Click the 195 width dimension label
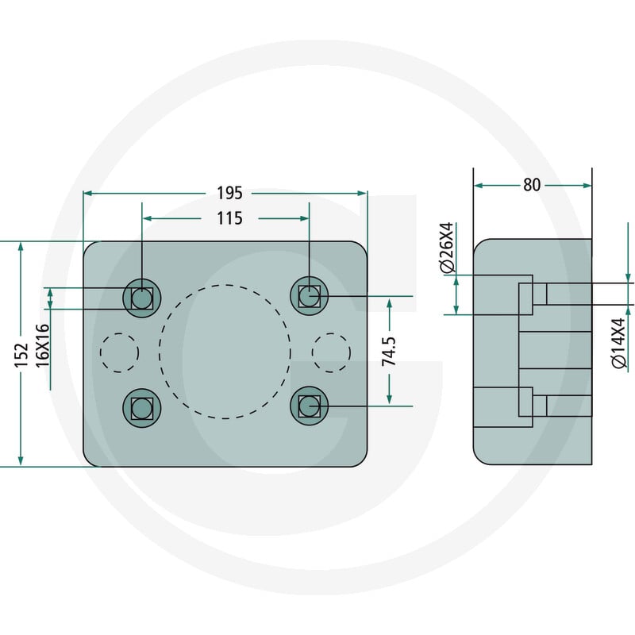(x=229, y=193)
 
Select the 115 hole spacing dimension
(x=229, y=218)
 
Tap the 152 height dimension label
(x=21, y=355)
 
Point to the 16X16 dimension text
(x=43, y=345)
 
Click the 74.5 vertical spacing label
(x=389, y=351)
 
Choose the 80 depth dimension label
(x=532, y=185)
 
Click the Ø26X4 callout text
(x=448, y=247)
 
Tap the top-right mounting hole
(x=310, y=296)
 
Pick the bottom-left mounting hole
(x=142, y=408)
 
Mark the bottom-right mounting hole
(x=310, y=406)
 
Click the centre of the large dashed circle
(x=225, y=352)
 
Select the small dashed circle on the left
(x=120, y=352)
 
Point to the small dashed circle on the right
(x=331, y=352)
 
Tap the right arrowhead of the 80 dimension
(x=587, y=186)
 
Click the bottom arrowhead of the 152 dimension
(x=21, y=461)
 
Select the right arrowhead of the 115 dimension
(x=304, y=219)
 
